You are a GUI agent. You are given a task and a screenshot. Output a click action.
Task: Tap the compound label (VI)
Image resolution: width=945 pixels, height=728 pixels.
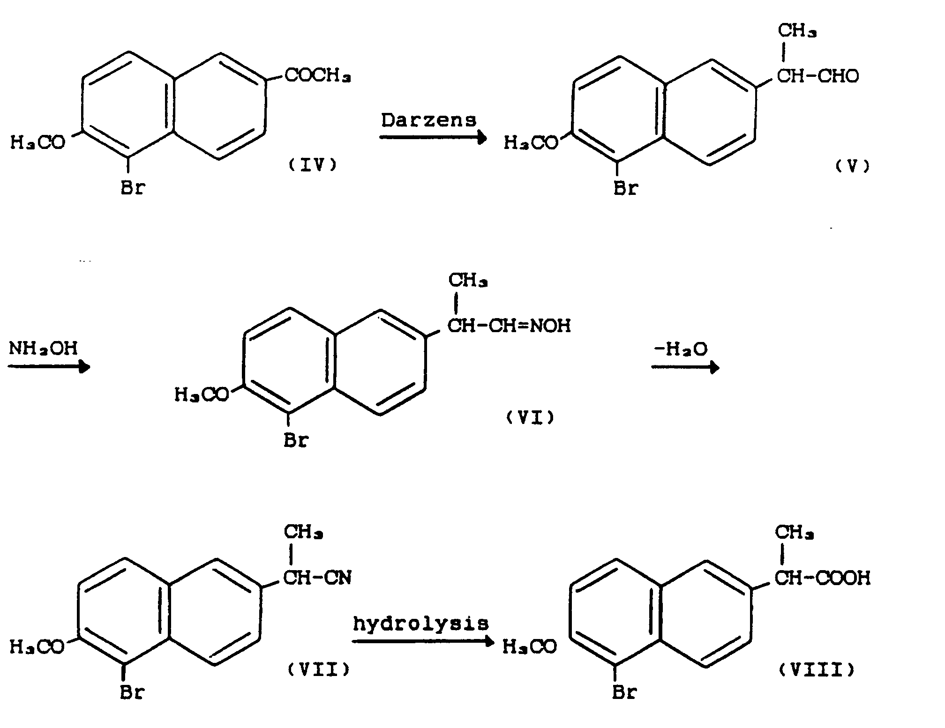pyautogui.click(x=530, y=417)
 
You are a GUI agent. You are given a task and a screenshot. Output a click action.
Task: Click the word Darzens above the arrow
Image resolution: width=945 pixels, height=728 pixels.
pyautogui.click(x=428, y=120)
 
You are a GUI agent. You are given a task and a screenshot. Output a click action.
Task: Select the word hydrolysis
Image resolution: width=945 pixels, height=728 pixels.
pyautogui.click(x=421, y=624)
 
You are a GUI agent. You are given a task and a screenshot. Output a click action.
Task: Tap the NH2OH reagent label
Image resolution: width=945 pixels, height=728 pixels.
pyautogui.click(x=43, y=349)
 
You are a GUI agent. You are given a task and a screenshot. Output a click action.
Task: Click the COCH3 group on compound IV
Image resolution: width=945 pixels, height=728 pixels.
pyautogui.click(x=318, y=75)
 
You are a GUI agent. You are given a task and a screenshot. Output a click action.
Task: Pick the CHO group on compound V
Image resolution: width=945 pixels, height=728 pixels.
pyautogui.click(x=839, y=75)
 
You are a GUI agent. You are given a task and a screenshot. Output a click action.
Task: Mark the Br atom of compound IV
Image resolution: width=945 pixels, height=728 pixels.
pyautogui.click(x=133, y=188)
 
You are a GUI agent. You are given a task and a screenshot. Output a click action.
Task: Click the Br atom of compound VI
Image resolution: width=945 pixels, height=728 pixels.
pyautogui.click(x=296, y=440)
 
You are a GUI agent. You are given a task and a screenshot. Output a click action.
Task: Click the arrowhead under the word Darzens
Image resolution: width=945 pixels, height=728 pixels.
pyautogui.click(x=482, y=137)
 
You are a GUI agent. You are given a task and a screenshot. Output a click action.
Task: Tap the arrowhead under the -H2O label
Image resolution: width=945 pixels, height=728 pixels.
pyautogui.click(x=714, y=367)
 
